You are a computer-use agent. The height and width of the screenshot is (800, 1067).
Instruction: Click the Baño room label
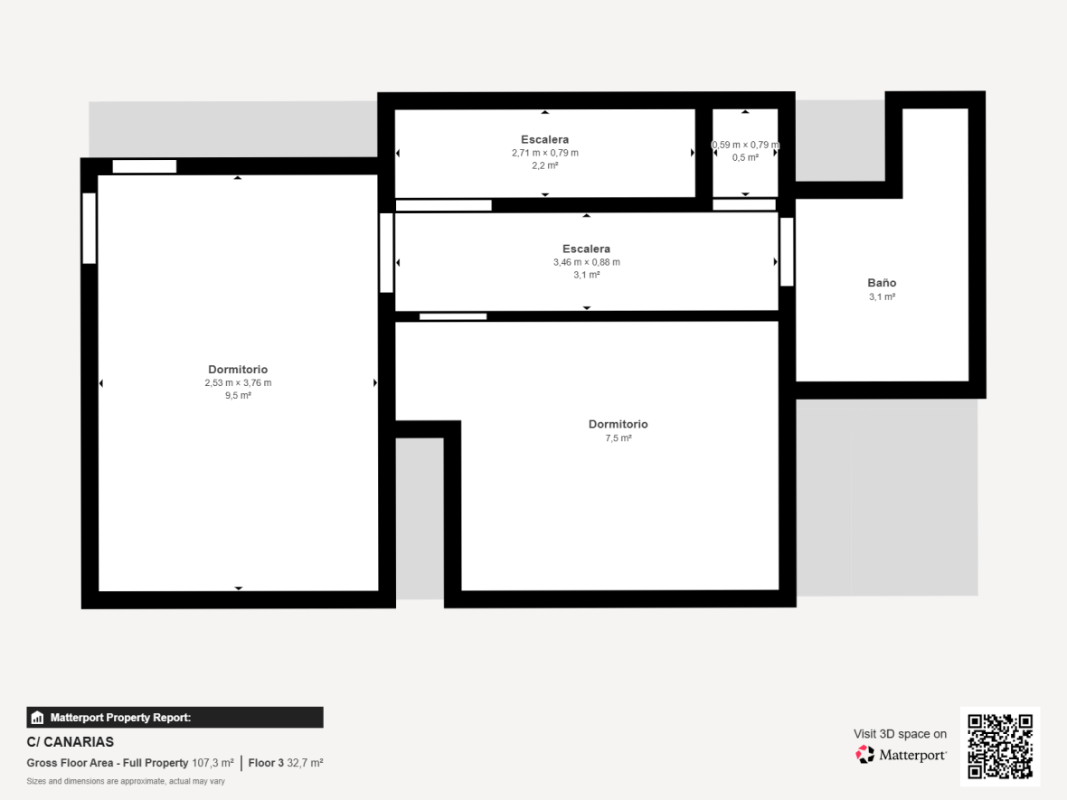[882, 282]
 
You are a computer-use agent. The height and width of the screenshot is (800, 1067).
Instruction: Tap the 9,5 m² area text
[238, 395]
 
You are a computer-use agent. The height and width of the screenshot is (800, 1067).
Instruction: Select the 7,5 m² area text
[618, 438]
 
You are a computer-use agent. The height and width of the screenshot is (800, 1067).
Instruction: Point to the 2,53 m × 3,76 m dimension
[238, 383]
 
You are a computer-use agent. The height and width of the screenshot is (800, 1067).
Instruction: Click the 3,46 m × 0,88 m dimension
[587, 262]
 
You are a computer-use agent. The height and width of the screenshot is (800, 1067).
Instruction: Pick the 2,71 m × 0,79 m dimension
[545, 153]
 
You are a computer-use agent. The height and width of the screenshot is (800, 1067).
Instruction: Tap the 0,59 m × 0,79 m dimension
[745, 145]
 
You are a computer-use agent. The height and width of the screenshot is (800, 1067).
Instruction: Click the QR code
[999, 746]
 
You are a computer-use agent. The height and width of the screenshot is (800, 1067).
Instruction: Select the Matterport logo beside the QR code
[901, 755]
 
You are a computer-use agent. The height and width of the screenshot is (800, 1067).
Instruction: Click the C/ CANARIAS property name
[71, 741]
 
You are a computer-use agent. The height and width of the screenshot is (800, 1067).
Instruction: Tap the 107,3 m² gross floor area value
[213, 763]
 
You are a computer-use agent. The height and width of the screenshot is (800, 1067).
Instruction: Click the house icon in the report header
[37, 718]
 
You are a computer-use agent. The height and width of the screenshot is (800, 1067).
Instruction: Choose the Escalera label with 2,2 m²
[545, 139]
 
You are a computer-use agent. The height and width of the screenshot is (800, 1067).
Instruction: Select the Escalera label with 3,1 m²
[587, 249]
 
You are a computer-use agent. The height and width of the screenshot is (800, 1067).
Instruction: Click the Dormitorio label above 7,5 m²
[618, 424]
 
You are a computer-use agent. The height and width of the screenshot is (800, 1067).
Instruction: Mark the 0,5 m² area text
[745, 158]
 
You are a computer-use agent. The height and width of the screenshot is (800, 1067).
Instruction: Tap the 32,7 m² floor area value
[305, 763]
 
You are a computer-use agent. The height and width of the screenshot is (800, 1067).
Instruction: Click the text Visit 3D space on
[901, 734]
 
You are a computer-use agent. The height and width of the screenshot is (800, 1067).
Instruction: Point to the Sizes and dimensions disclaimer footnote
[126, 781]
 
